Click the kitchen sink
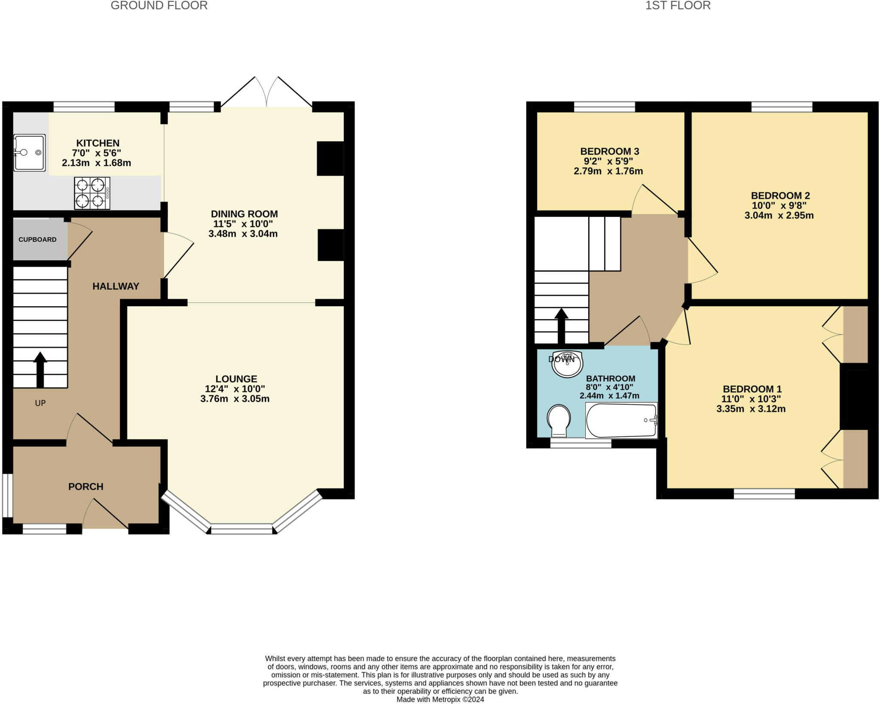[x=29, y=152]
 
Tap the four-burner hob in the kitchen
[x=92, y=193]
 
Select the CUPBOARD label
[x=37, y=240]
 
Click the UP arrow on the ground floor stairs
[x=40, y=370]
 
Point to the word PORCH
[x=86, y=487]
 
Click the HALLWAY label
[x=116, y=286]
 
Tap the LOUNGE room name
[x=236, y=379]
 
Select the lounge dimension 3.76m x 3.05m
[x=235, y=399]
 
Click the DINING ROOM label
[x=244, y=214]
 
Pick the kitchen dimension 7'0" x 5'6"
[x=97, y=153]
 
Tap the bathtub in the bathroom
[x=621, y=420]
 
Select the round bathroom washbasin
[x=567, y=364]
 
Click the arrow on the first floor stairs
[x=561, y=326]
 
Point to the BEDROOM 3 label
[x=610, y=151]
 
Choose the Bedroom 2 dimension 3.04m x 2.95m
[x=779, y=216]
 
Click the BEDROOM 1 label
[x=752, y=389]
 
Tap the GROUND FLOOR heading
[x=159, y=6]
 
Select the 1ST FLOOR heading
[x=678, y=6]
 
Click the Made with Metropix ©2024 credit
[x=440, y=699]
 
